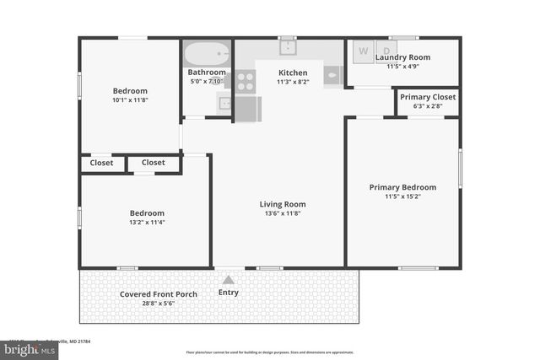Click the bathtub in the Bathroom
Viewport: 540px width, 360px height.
click(x=207, y=55)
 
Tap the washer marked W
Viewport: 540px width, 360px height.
click(x=364, y=51)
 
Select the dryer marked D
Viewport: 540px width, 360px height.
click(x=386, y=51)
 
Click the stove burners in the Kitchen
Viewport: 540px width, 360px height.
click(x=246, y=81)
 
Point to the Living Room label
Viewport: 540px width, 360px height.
click(x=282, y=204)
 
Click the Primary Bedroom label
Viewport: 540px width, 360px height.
click(x=402, y=187)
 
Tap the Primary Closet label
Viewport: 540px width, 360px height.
click(x=428, y=97)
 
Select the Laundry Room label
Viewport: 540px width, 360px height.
click(x=408, y=57)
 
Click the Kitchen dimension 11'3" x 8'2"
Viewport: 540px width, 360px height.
click(x=293, y=83)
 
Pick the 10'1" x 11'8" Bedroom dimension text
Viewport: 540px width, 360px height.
click(x=130, y=100)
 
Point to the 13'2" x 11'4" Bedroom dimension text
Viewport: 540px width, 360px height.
click(x=147, y=223)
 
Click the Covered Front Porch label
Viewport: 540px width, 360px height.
click(x=159, y=294)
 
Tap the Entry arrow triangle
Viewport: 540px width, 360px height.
click(x=228, y=279)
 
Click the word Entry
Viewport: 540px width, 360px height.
click(x=228, y=293)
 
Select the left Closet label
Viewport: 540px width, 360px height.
click(x=102, y=163)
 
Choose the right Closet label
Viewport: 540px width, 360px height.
click(x=154, y=163)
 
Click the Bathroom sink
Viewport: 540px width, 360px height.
click(x=225, y=104)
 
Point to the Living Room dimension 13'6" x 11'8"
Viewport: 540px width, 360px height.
click(x=282, y=214)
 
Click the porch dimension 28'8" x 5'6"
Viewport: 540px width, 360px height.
click(x=159, y=304)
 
